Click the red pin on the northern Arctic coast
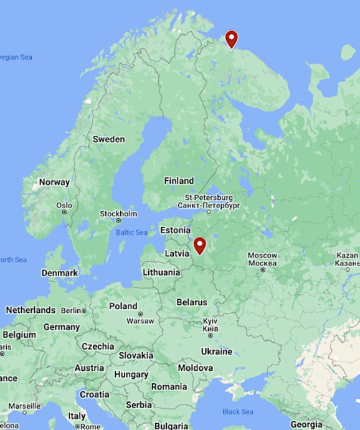(232, 39)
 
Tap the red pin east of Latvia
(199, 246)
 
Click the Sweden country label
(108, 139)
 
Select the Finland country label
(179, 181)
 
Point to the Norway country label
(54, 182)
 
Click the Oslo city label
(64, 205)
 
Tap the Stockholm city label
(118, 214)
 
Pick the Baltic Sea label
(131, 232)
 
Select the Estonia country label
(175, 230)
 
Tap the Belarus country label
(191, 302)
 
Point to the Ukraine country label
(216, 351)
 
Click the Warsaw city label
(140, 320)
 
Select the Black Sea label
(238, 411)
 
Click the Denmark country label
(60, 273)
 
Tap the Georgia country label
(310, 424)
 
